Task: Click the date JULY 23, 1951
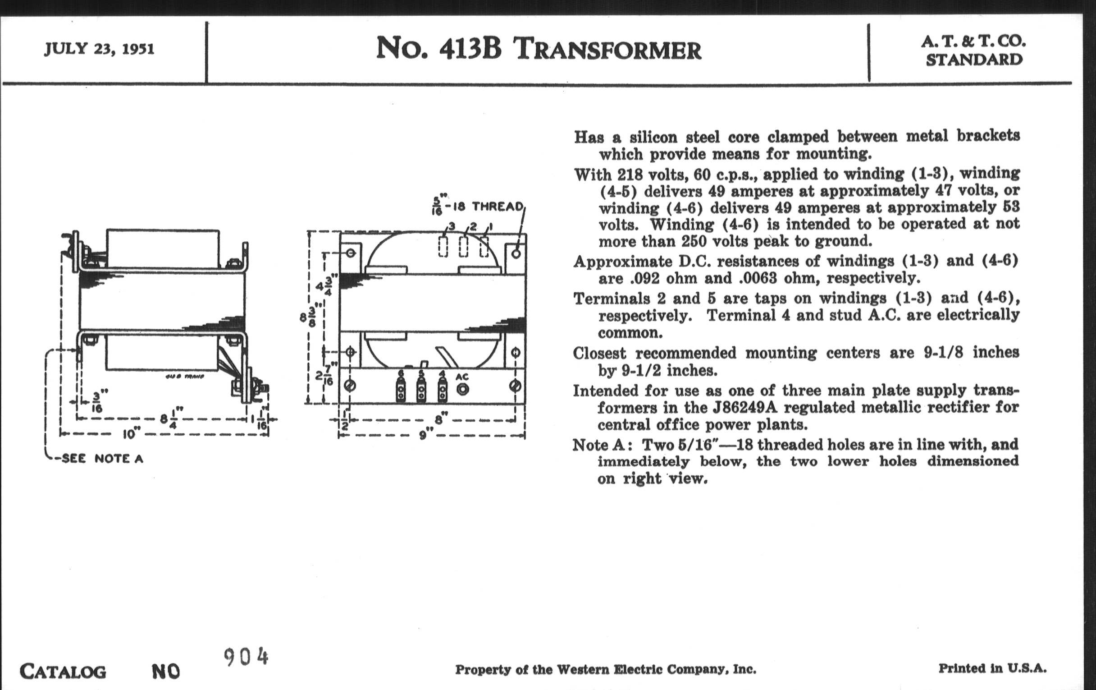[x=99, y=49]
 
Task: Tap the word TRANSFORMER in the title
[x=607, y=50]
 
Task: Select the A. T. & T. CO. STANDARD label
[x=973, y=51]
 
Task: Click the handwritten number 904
[x=246, y=657]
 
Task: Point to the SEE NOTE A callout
[x=102, y=459]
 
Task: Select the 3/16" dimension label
[x=97, y=401]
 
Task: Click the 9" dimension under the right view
[x=423, y=435]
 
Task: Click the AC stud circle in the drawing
[x=462, y=389]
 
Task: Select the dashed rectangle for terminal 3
[x=443, y=246]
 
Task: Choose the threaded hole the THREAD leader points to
[x=516, y=252]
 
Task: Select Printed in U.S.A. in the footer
[x=992, y=668]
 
